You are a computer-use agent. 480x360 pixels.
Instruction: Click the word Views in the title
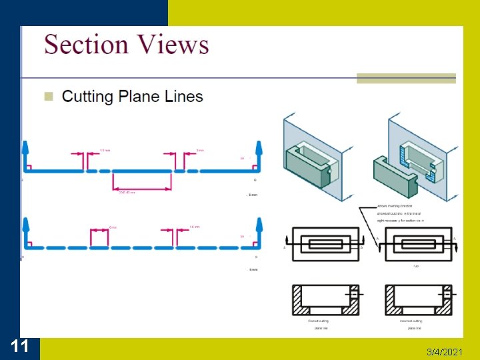(x=172, y=45)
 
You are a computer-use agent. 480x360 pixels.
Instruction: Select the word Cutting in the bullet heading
(x=87, y=97)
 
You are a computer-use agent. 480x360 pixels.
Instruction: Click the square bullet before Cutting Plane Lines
(x=48, y=97)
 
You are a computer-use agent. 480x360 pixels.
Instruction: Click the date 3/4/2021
(x=444, y=351)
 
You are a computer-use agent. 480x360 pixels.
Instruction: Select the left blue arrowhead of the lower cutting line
(x=25, y=225)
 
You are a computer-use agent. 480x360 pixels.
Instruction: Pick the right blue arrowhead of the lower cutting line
(x=260, y=225)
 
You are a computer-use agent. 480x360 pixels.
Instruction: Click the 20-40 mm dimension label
(x=127, y=193)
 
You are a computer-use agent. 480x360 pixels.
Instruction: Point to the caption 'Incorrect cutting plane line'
(x=411, y=325)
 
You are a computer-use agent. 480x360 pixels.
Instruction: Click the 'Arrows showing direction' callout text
(x=395, y=206)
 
